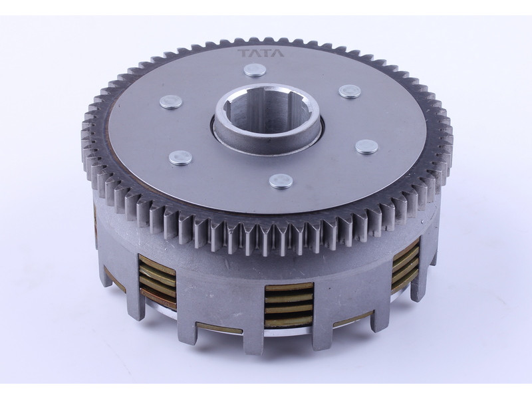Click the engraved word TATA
pos(260,53)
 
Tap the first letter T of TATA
pos(243,53)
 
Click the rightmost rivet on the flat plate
pos(367,146)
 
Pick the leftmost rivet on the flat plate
pos(171,102)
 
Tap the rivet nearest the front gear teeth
pos(281,181)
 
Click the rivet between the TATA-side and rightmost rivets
pos(350,91)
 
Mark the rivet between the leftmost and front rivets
pos(180,158)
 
